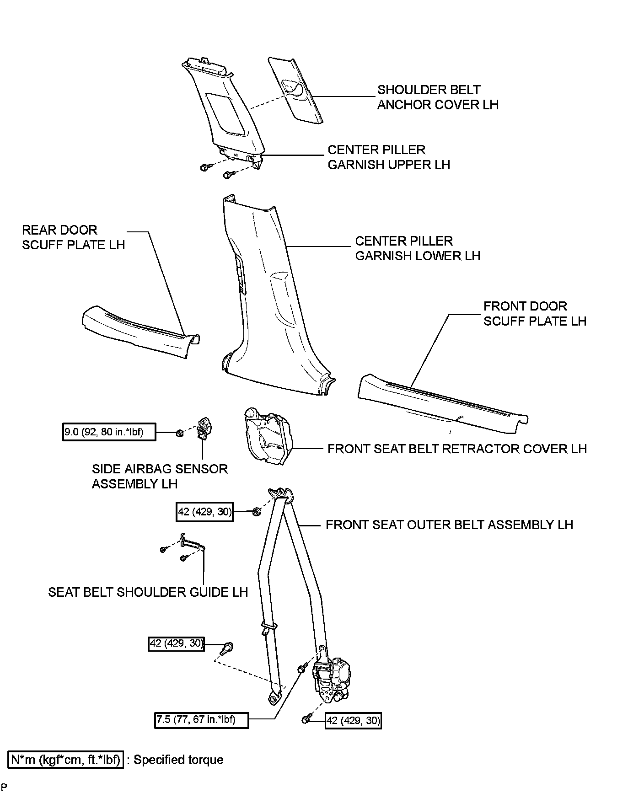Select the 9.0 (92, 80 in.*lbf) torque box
[x=109, y=432]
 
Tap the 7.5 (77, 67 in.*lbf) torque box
[x=201, y=719]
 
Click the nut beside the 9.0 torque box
[x=180, y=432]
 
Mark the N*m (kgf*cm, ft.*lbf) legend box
[x=66, y=760]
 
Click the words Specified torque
[x=178, y=760]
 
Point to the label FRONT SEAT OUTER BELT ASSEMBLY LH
[x=449, y=525]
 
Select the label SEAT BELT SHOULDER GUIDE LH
[x=148, y=592]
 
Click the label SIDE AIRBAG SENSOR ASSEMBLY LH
[x=160, y=476]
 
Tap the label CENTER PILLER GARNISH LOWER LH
[x=417, y=248]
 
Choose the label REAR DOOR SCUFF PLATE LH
[x=73, y=237]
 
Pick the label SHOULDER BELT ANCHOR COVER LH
[x=437, y=97]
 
